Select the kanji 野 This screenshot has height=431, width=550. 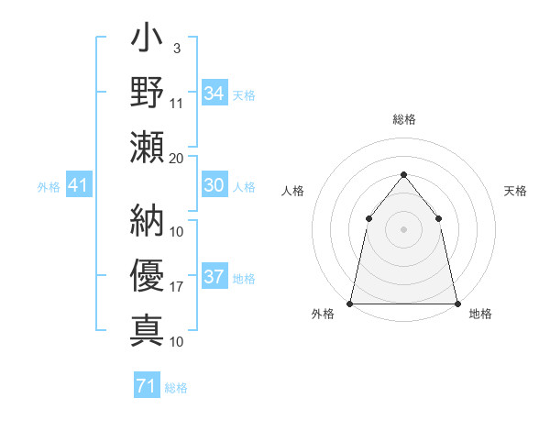click(147, 93)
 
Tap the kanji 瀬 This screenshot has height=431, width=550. click(147, 145)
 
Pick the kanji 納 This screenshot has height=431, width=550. click(147, 222)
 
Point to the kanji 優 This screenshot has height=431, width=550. click(147, 275)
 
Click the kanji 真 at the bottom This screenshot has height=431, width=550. click(147, 327)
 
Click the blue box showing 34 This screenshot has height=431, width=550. click(214, 93)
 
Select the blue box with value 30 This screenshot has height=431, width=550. click(214, 185)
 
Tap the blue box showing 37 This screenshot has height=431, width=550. click(214, 277)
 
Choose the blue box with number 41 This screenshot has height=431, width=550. click(78, 186)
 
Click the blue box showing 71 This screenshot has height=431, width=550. click(146, 386)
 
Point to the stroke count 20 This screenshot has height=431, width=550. click(176, 158)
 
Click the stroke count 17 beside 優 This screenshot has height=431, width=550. click(177, 287)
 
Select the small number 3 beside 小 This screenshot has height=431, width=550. click(176, 47)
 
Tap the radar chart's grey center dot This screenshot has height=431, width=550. click(403, 228)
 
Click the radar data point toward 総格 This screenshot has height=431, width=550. click(403, 174)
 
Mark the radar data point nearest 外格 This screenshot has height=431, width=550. click(350, 303)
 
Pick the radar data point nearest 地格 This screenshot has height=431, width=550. click(456, 303)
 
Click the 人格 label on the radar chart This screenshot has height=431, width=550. click(292, 191)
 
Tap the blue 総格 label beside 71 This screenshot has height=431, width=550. click(176, 388)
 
